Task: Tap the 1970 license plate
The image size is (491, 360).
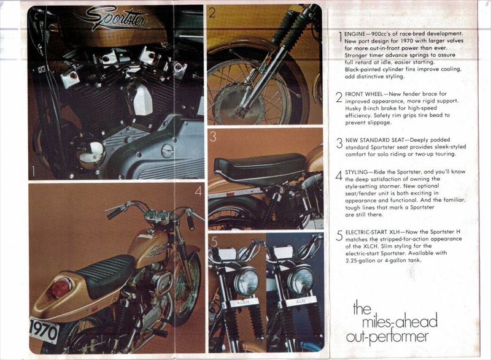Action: coord(44,329)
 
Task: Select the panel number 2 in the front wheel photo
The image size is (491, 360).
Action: coord(212,12)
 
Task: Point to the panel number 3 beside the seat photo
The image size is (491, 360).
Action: coord(213,136)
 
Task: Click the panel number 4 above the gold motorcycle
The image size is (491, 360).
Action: coord(198,191)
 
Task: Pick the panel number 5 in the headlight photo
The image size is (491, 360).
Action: coord(214,241)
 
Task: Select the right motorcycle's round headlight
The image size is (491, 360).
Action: coord(300,281)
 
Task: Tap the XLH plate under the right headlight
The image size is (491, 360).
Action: coord(299,302)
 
